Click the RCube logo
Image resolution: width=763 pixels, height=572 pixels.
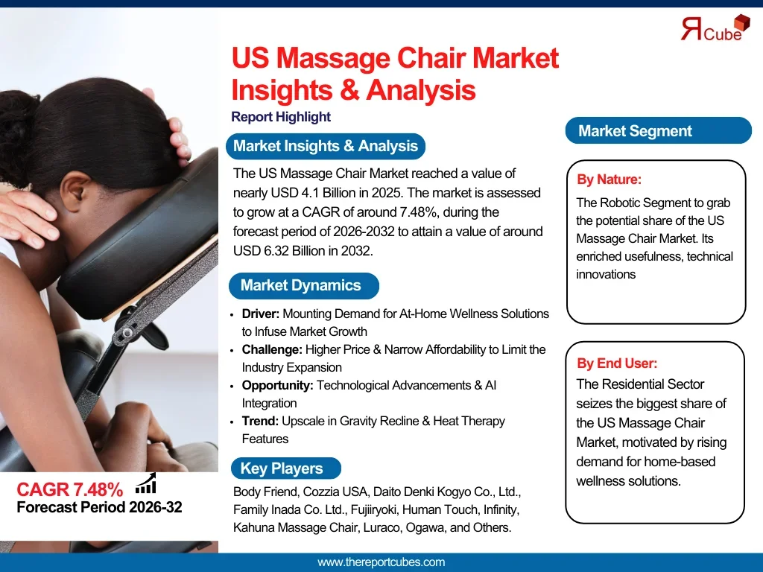(x=715, y=28)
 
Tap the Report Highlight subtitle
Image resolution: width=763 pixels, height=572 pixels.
(x=281, y=117)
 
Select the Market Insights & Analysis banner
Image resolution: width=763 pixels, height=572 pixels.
(x=326, y=146)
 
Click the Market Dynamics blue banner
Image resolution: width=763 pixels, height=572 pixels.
(x=304, y=285)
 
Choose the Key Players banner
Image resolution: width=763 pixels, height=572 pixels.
(x=285, y=468)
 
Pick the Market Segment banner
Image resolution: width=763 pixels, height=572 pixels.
(x=659, y=130)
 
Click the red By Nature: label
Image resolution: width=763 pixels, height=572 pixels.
(x=609, y=179)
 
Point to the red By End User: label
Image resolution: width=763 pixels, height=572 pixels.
(x=617, y=363)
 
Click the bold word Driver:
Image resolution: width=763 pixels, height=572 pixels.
(x=260, y=314)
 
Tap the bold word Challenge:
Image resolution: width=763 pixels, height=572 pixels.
(x=272, y=350)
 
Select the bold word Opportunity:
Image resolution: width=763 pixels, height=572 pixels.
(x=277, y=385)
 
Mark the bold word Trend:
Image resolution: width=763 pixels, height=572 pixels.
(x=260, y=421)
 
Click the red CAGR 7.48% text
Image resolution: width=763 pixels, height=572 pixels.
(x=69, y=489)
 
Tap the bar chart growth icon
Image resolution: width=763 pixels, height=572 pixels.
(x=145, y=483)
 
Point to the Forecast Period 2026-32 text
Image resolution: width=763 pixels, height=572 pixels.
(x=99, y=507)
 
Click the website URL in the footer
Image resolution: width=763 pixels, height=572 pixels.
(x=381, y=562)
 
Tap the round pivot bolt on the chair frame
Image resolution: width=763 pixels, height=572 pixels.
(x=127, y=333)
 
